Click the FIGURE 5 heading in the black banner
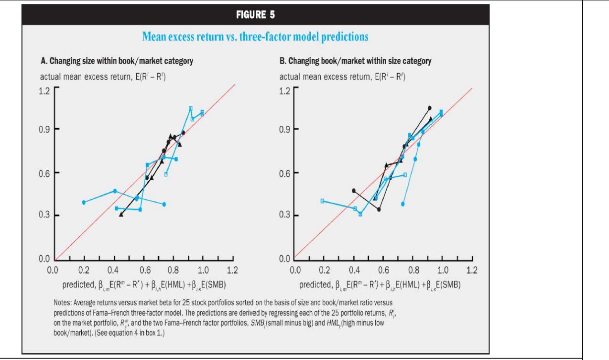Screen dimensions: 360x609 pos(255,15)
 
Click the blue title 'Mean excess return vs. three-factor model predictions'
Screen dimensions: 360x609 pos(255,37)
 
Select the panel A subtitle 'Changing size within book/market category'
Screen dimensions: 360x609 pos(117,61)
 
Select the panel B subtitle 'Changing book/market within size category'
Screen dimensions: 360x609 pos(355,61)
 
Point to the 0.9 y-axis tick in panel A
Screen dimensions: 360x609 pos(44,129)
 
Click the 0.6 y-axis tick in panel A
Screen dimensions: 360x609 pos(44,173)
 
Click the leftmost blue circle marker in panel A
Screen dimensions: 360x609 pos(84,202)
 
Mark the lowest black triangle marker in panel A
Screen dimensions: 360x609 pos(121,215)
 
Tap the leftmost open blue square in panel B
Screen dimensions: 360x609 pos(322,201)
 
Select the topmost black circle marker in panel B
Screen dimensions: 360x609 pos(429,108)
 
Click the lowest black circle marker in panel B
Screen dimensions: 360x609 pos(379,209)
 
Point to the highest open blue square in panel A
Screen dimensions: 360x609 pos(191,109)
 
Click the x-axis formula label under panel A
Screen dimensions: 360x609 pos(144,285)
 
